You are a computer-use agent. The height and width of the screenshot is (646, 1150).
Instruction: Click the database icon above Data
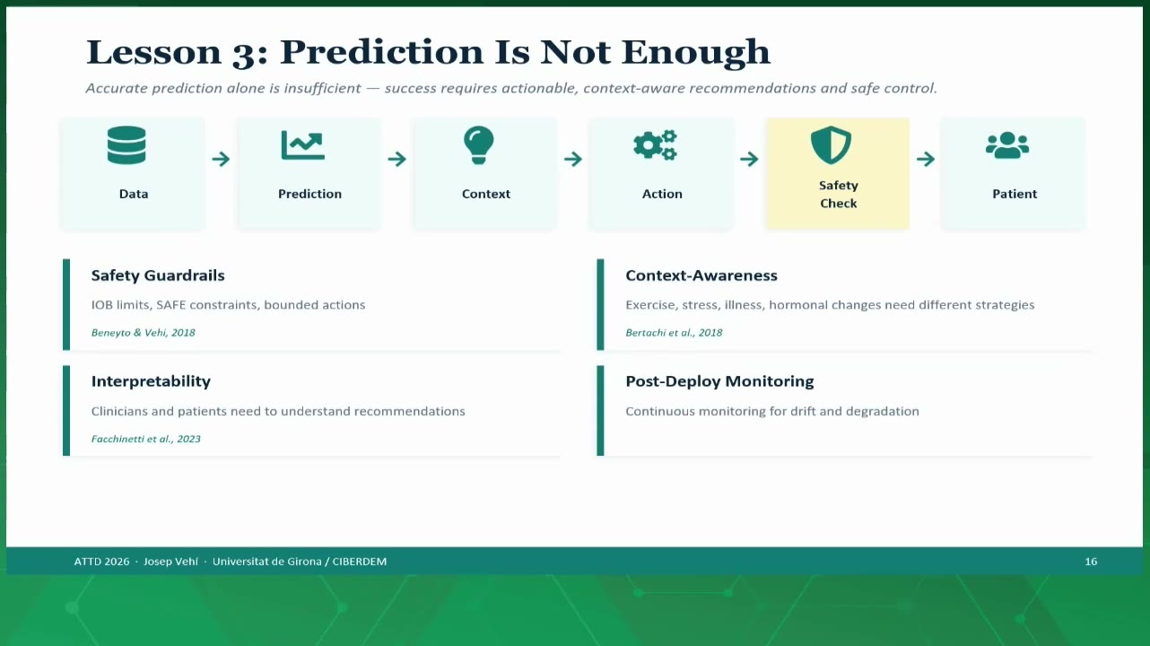[x=126, y=145]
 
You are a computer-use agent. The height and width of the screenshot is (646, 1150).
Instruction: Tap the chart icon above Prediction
[x=303, y=145]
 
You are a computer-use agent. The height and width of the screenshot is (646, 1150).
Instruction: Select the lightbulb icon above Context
[x=478, y=145]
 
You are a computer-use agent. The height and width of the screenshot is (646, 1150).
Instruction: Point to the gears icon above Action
[x=655, y=145]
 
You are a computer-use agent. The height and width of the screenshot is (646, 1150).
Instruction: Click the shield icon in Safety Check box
[x=831, y=145]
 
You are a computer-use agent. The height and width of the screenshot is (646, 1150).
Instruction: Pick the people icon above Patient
[x=1007, y=145]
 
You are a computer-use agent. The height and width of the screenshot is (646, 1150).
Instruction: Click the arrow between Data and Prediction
[x=222, y=159]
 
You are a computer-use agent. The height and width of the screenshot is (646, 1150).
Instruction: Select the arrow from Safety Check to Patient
[x=926, y=159]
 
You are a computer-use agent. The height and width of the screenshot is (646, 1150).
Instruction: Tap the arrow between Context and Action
[x=573, y=159]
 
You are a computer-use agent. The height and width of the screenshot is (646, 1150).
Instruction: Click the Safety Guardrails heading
[x=158, y=275]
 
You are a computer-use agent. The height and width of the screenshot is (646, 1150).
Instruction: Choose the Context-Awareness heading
[x=701, y=275]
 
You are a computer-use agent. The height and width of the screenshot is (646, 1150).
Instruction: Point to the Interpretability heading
[x=151, y=381]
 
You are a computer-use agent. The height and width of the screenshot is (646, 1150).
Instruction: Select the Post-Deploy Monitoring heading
[x=719, y=381]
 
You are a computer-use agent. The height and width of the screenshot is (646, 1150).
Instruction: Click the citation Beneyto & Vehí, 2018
[x=144, y=333]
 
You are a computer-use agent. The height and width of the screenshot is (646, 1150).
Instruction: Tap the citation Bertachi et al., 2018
[x=674, y=333]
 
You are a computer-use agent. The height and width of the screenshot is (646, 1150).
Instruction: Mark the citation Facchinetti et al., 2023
[x=146, y=439]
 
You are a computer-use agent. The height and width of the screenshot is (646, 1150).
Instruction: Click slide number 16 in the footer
[x=1091, y=562]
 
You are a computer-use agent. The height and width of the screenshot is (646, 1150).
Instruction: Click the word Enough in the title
[x=695, y=53]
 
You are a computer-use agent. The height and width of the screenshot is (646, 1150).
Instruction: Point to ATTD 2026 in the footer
[x=101, y=562]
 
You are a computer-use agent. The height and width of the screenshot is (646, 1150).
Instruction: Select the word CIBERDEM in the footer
[x=360, y=562]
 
